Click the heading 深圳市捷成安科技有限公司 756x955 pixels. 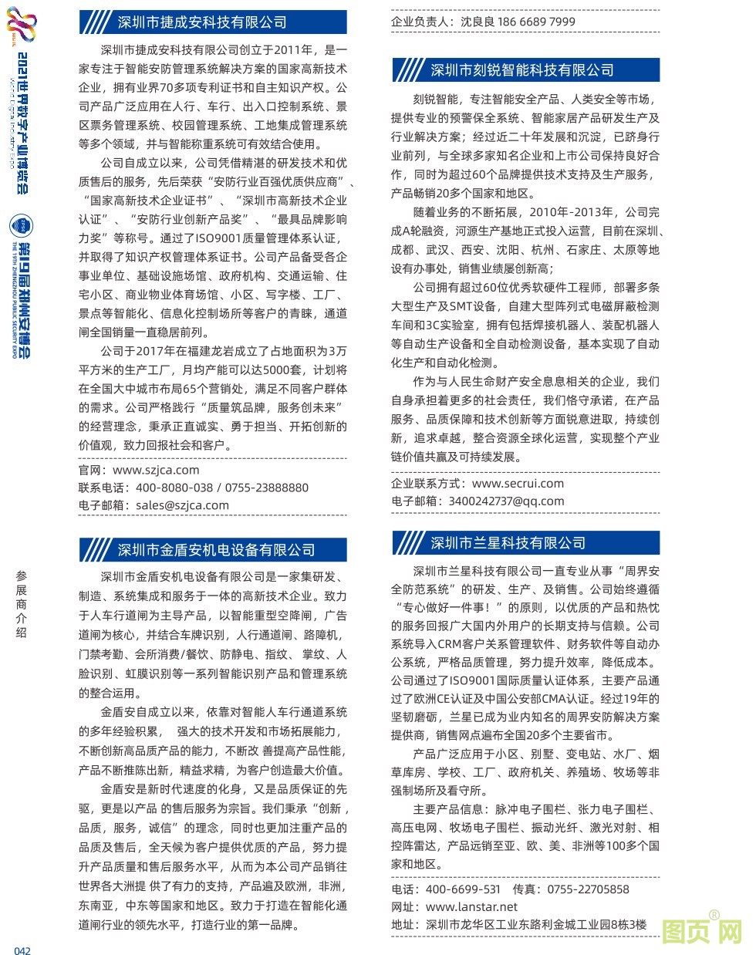click(202, 22)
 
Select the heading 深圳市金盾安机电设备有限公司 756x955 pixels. click(217, 550)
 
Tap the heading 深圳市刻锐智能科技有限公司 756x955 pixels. click(522, 70)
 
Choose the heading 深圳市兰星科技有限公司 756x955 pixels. click(508, 543)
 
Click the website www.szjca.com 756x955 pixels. click(156, 470)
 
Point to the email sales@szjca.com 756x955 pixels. click(182, 505)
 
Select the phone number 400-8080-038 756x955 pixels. click(174, 488)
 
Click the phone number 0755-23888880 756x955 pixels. click(267, 488)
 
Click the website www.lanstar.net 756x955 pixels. click(471, 907)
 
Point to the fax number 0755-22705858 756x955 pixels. click(588, 889)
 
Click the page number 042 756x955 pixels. click(22, 950)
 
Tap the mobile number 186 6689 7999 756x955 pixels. click(536, 22)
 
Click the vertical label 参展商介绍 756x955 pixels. click(21, 603)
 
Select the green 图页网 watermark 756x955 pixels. click(701, 931)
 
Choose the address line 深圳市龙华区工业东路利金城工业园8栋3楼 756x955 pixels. click(536, 925)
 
